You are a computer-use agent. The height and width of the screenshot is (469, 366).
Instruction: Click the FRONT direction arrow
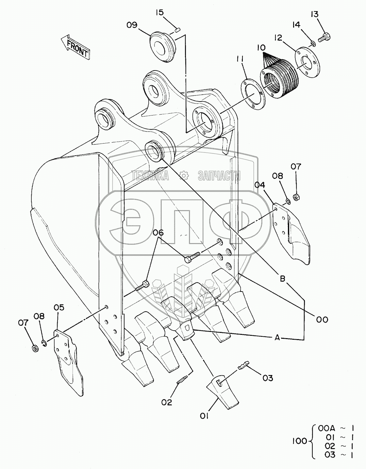pos(75,47)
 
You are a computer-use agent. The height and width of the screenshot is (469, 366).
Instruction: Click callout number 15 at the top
pos(159,13)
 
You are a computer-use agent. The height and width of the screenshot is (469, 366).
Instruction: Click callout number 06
pos(158,233)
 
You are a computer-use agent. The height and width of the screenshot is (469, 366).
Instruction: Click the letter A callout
pos(277,338)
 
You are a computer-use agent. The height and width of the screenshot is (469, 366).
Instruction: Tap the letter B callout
pos(283,278)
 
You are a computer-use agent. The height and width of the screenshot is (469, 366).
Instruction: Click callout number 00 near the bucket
pos(322,320)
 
